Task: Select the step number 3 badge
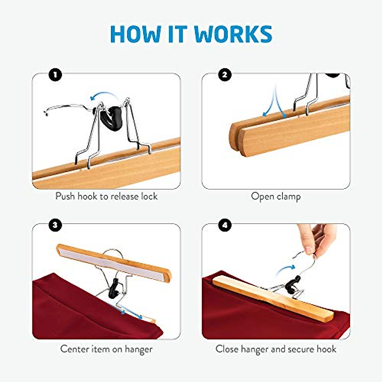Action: pyautogui.click(x=55, y=225)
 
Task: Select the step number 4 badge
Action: pyautogui.click(x=225, y=225)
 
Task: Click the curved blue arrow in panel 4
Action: pyautogui.click(x=285, y=271)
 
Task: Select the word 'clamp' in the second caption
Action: pyautogui.click(x=288, y=196)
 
